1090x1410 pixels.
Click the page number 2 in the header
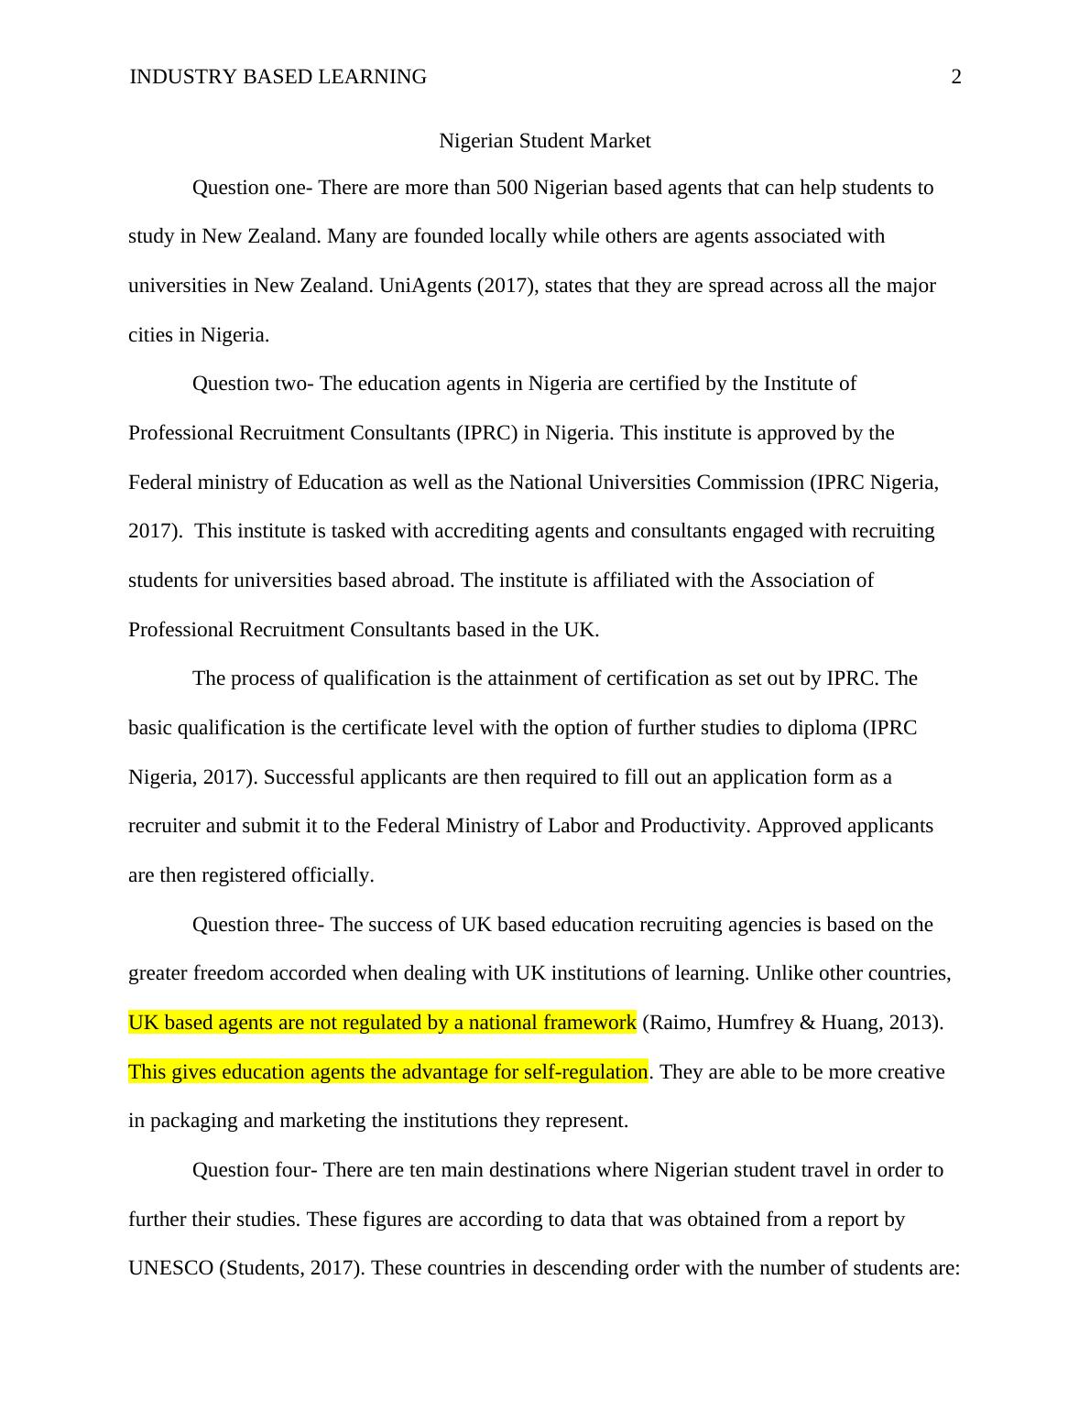956,77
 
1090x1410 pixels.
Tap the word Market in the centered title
620,141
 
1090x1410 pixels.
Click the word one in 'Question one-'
293,188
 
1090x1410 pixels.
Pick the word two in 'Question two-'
293,384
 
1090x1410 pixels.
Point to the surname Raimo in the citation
676,1023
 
